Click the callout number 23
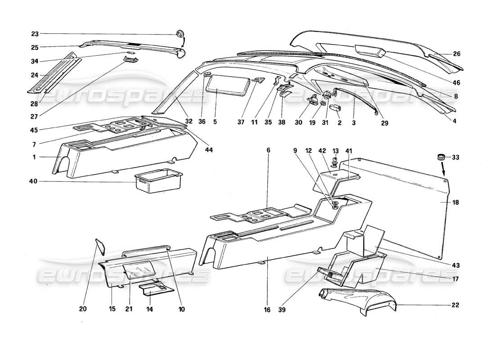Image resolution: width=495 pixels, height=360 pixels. (35, 34)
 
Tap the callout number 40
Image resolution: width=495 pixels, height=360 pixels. (35, 181)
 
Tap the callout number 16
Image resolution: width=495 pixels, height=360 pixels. (268, 310)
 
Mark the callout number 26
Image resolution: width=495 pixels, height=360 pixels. (457, 54)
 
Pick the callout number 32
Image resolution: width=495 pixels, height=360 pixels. (189, 121)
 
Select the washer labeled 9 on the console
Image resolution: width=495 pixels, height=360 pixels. (336, 207)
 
